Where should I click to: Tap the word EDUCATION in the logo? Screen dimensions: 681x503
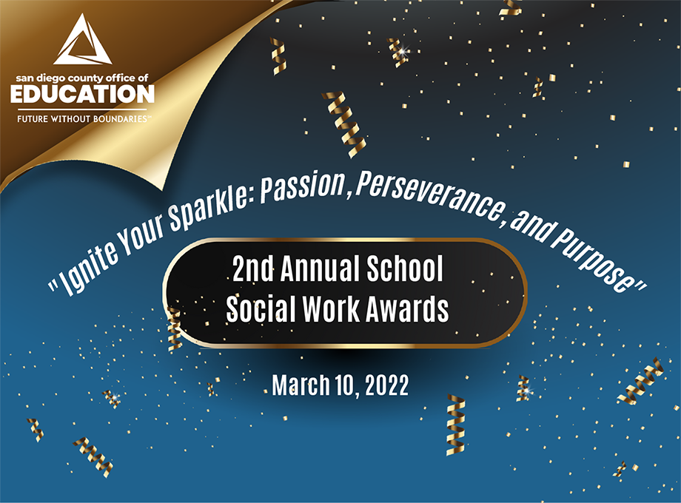[82, 94]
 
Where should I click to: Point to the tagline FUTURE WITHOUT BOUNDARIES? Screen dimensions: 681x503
[82, 118]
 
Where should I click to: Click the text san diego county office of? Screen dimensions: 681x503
[82, 78]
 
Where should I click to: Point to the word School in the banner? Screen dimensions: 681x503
[405, 269]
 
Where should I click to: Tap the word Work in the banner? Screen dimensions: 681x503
[331, 309]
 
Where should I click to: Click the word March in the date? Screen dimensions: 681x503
[301, 385]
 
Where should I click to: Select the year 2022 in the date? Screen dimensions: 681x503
[387, 385]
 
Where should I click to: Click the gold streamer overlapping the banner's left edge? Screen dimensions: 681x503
[174, 329]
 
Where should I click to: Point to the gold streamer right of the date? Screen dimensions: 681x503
[455, 425]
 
